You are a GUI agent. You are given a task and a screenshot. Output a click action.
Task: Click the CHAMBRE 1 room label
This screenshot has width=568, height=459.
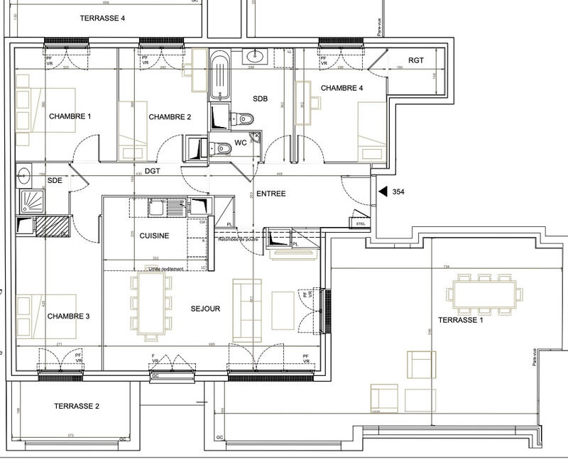click(70, 116)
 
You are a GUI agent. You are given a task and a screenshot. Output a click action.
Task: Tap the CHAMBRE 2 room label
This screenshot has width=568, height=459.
click(170, 117)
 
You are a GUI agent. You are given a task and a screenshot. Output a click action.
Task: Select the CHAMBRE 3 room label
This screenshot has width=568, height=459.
click(68, 316)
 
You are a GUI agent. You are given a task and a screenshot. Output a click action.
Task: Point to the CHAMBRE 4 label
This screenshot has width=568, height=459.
click(342, 88)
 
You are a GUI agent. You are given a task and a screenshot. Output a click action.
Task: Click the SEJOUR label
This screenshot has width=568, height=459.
click(205, 309)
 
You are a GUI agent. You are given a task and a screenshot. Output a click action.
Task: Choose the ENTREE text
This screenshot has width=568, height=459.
click(271, 193)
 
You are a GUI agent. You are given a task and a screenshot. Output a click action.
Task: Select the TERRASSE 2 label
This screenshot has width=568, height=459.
click(76, 407)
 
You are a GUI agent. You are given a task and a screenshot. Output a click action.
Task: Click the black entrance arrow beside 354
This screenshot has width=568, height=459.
click(383, 192)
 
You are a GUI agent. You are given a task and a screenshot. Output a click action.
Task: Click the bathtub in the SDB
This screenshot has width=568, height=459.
click(219, 74)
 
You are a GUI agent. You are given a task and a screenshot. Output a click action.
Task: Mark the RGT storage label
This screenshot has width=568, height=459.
click(416, 61)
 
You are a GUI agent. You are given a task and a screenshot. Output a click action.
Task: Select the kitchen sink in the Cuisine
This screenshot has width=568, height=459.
click(158, 208)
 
